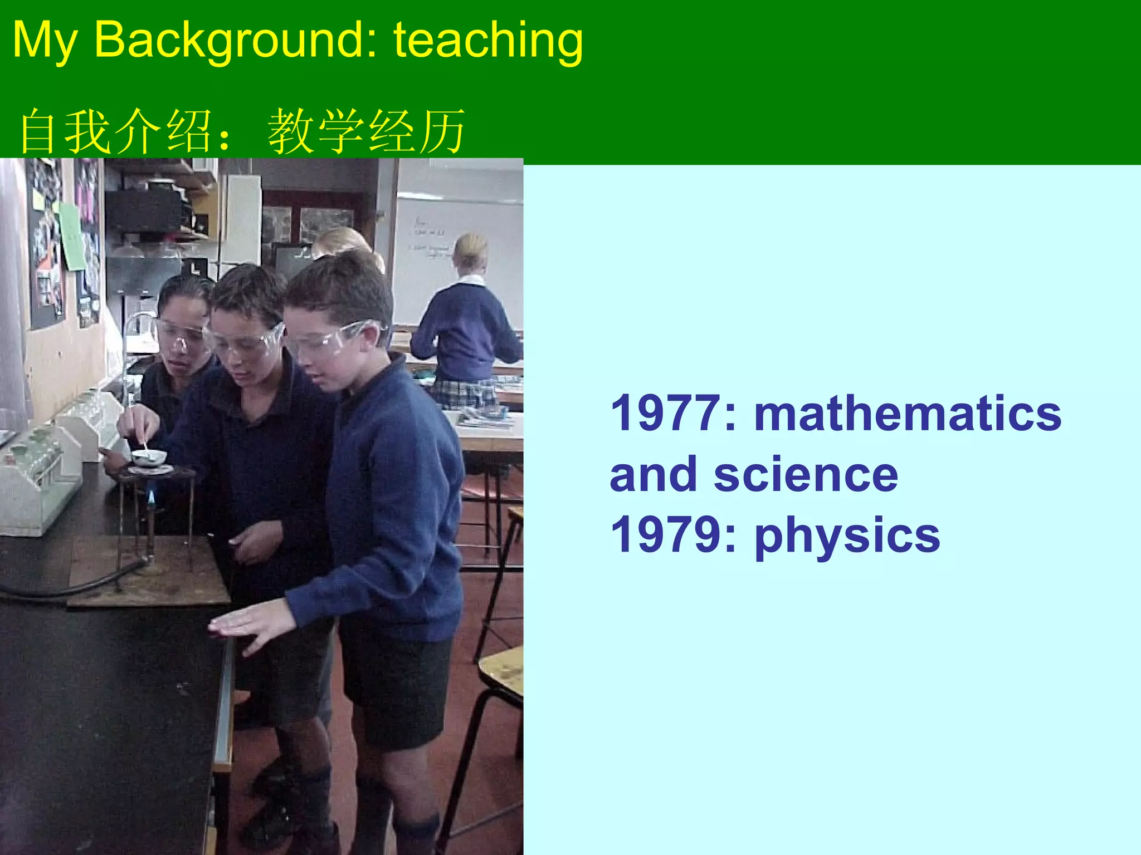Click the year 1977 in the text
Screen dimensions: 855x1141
point(666,414)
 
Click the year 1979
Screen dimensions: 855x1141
point(666,535)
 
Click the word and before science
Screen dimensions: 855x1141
point(652,475)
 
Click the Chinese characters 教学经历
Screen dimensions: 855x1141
point(366,131)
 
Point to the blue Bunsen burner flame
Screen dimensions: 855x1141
point(151,495)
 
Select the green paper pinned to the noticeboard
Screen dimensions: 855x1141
point(72,237)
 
